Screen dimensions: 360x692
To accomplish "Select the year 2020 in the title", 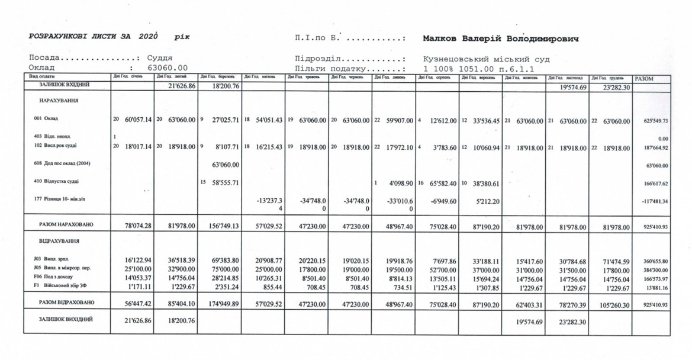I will tap(149, 37).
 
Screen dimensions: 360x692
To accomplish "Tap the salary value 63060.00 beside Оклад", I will tap(168, 68).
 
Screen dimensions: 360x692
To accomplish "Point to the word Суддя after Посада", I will tap(160, 59).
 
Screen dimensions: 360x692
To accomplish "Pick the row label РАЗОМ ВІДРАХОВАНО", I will tap(66, 303).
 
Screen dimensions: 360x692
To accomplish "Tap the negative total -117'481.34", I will tap(654, 201).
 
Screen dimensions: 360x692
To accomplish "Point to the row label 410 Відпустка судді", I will tap(56, 181).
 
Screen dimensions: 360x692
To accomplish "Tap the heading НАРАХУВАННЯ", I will tap(59, 101).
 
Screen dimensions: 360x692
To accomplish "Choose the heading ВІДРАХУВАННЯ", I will tap(59, 242).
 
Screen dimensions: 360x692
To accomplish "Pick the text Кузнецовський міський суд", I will tap(486, 59).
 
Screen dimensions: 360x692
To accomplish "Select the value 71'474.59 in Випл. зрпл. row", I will tap(609, 261).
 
